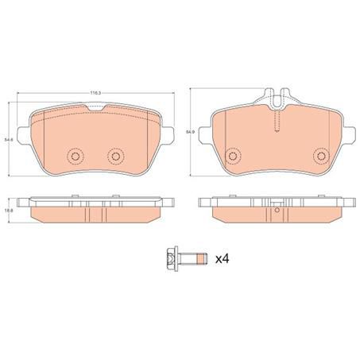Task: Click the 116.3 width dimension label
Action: [95, 94]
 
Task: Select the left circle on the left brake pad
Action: [75, 157]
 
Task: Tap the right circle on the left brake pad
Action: [116, 157]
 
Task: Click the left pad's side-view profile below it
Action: [96, 208]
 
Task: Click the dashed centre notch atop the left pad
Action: [95, 106]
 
